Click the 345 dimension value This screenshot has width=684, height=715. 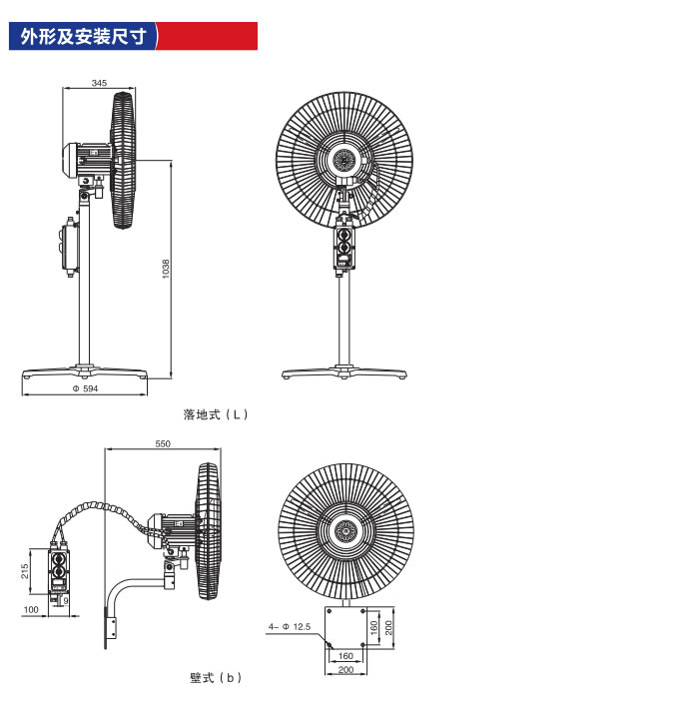pyautogui.click(x=99, y=83)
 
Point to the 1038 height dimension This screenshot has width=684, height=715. pyautogui.click(x=166, y=269)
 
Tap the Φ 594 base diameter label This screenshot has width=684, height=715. pyautogui.click(x=85, y=388)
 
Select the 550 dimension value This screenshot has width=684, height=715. pyautogui.click(x=163, y=443)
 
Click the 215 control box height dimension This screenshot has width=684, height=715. pyautogui.click(x=25, y=571)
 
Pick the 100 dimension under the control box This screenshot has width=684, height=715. pyautogui.click(x=31, y=610)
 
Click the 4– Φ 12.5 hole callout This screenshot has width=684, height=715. pyautogui.click(x=290, y=626)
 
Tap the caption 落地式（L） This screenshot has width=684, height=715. pyautogui.click(x=216, y=414)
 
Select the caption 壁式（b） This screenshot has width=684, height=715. pyautogui.click(x=216, y=678)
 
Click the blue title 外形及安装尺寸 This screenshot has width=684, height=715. pyautogui.click(x=84, y=36)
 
